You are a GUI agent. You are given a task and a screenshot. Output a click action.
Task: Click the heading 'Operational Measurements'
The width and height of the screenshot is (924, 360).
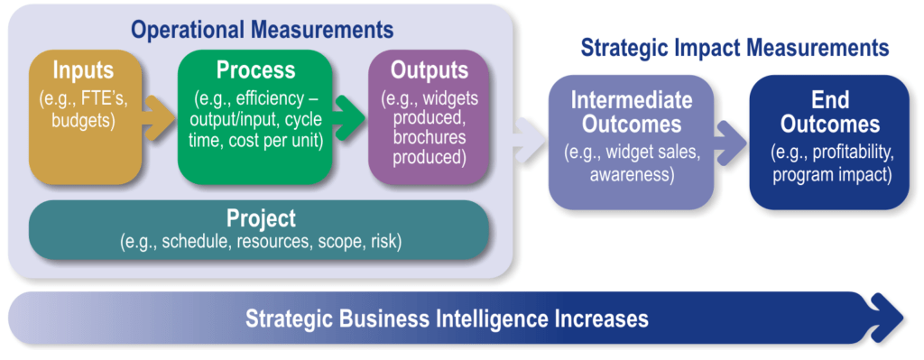[262, 29]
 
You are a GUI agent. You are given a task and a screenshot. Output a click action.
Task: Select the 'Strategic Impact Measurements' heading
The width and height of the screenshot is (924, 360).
[735, 49]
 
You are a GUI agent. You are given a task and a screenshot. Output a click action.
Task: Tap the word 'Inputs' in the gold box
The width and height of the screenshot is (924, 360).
[83, 70]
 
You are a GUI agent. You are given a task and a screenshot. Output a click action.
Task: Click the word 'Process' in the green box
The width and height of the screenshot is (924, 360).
[255, 70]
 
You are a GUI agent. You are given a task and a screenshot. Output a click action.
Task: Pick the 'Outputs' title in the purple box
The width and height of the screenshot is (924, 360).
[429, 70]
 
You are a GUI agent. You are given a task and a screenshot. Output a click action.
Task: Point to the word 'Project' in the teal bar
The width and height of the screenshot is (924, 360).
[261, 219]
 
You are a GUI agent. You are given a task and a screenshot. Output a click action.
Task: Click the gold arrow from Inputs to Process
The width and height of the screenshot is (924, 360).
[159, 118]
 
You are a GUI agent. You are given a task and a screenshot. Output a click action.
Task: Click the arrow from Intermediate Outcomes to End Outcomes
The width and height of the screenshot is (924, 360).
[731, 142]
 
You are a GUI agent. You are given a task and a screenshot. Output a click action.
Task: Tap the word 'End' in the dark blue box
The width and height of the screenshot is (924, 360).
[831, 100]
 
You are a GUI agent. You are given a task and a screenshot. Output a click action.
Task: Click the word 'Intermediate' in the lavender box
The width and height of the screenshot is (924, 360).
[631, 100]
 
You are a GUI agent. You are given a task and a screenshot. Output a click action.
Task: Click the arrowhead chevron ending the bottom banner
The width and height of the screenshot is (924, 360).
[887, 318]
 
